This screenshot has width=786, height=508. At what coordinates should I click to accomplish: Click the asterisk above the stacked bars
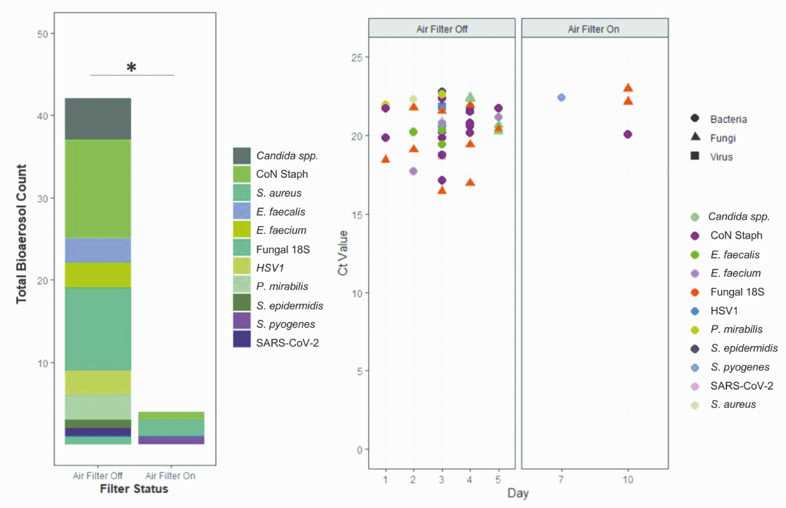[131, 67]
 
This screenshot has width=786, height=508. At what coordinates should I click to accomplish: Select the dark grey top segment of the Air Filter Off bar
[98, 119]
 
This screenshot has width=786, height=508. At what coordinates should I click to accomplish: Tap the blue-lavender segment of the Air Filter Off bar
[98, 250]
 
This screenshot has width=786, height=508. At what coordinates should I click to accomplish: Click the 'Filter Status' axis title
[134, 489]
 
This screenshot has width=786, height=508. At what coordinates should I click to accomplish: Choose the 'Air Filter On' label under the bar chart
[170, 476]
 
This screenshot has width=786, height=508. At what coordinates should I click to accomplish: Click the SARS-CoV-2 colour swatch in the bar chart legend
[242, 339]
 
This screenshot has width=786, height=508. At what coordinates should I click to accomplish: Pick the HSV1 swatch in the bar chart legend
[242, 266]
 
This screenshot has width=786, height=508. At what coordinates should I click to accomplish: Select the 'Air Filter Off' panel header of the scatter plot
[442, 29]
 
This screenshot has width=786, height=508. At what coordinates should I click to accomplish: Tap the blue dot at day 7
[561, 97]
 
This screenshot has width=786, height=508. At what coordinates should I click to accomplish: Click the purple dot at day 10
[628, 134]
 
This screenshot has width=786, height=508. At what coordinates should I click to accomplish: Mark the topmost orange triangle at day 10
[628, 88]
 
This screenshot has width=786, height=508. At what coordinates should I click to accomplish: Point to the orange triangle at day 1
[386, 159]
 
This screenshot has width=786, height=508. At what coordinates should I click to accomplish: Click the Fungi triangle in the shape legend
[695, 137]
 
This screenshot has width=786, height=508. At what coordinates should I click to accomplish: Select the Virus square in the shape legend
[695, 156]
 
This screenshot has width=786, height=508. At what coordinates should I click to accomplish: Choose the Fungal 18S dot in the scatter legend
[695, 292]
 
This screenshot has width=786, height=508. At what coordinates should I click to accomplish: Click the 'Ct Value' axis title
[342, 253]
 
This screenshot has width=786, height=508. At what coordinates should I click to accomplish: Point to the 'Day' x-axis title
[518, 493]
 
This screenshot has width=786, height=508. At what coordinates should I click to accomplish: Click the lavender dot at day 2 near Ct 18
[413, 171]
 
